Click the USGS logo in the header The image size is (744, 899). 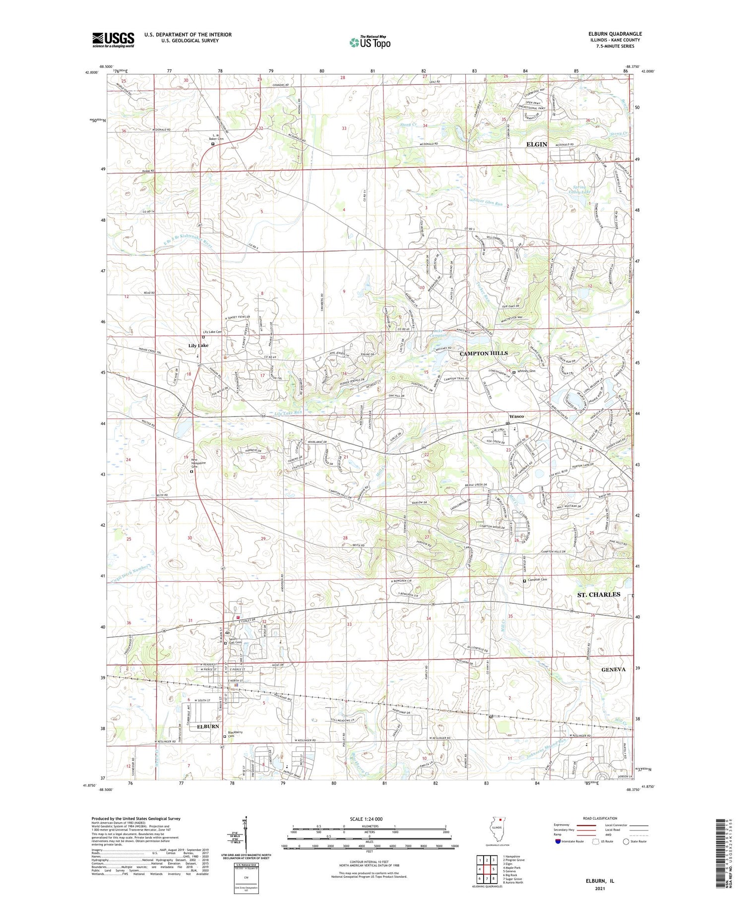pos(113,40)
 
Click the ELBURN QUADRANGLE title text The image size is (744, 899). pos(615,34)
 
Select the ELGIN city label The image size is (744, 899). pos(536,144)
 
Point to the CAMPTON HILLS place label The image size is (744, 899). pos(484,353)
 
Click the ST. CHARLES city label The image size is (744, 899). pos(598,594)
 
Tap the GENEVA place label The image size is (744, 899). pos(613,669)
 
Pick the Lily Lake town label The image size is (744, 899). pos(198,345)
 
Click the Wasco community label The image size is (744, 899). pos(516,416)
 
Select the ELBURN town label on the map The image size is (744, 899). pos(208,726)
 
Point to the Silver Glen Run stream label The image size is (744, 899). pos(488,203)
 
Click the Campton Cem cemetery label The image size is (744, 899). pos(537,580)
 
